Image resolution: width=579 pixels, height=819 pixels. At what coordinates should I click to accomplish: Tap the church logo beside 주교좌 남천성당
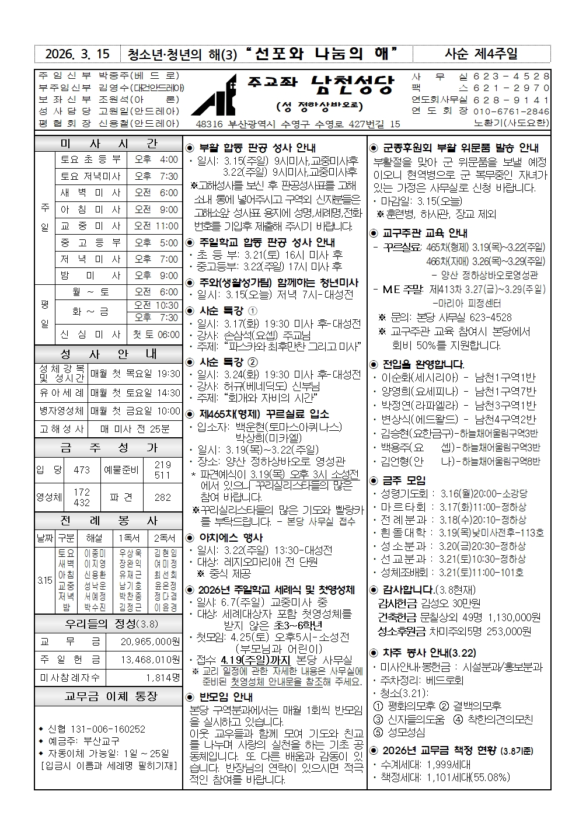click(214, 95)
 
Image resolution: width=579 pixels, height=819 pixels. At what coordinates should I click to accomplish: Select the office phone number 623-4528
click(511, 76)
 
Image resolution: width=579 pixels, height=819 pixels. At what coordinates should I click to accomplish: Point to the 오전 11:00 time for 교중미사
click(156, 226)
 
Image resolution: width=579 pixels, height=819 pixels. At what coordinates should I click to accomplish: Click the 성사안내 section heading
click(108, 354)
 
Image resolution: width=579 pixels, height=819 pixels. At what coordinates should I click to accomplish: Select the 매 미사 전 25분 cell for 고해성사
click(135, 429)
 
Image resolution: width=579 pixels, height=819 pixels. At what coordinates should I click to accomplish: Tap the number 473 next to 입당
click(82, 469)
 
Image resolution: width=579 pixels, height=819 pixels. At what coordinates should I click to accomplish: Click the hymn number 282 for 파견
click(162, 497)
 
